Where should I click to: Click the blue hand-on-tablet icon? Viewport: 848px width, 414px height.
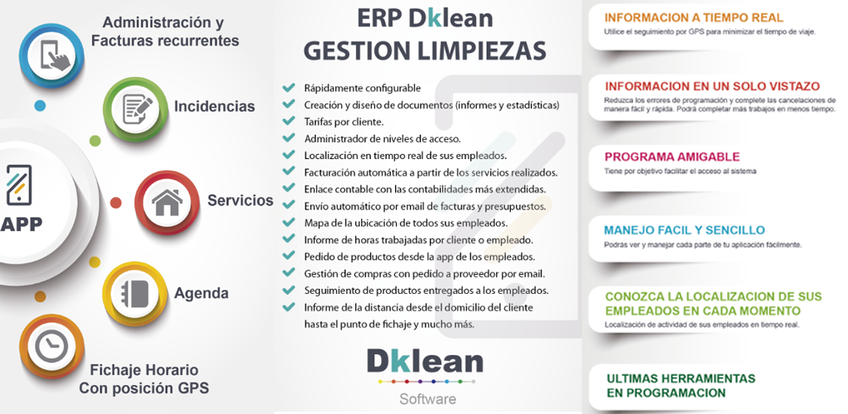click(x=52, y=55)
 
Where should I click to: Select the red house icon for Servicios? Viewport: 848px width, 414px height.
click(x=167, y=203)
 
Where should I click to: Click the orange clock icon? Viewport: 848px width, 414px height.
click(x=52, y=346)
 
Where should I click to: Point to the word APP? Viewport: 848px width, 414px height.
click(x=21, y=224)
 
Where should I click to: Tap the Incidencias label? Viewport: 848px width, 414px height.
click(x=214, y=106)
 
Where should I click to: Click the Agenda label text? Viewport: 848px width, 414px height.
click(x=201, y=293)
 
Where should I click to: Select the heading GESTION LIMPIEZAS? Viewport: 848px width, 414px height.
click(x=425, y=51)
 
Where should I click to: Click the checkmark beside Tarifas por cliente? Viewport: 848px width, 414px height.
click(x=289, y=121)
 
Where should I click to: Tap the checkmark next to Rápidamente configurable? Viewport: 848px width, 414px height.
click(x=289, y=87)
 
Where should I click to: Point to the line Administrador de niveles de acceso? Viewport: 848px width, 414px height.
click(x=383, y=139)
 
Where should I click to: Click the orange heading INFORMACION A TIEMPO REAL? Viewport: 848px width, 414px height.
click(x=694, y=17)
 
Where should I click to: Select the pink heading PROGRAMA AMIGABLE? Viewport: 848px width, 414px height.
click(x=672, y=157)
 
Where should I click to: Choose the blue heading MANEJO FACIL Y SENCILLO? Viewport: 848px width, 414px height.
click(x=684, y=230)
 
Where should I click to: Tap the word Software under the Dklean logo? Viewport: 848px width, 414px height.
click(x=428, y=399)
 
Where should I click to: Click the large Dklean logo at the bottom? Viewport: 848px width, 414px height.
click(x=425, y=361)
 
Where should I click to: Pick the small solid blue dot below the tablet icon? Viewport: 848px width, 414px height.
click(x=40, y=105)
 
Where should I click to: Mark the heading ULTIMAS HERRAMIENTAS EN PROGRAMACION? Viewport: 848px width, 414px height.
click(x=681, y=385)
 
